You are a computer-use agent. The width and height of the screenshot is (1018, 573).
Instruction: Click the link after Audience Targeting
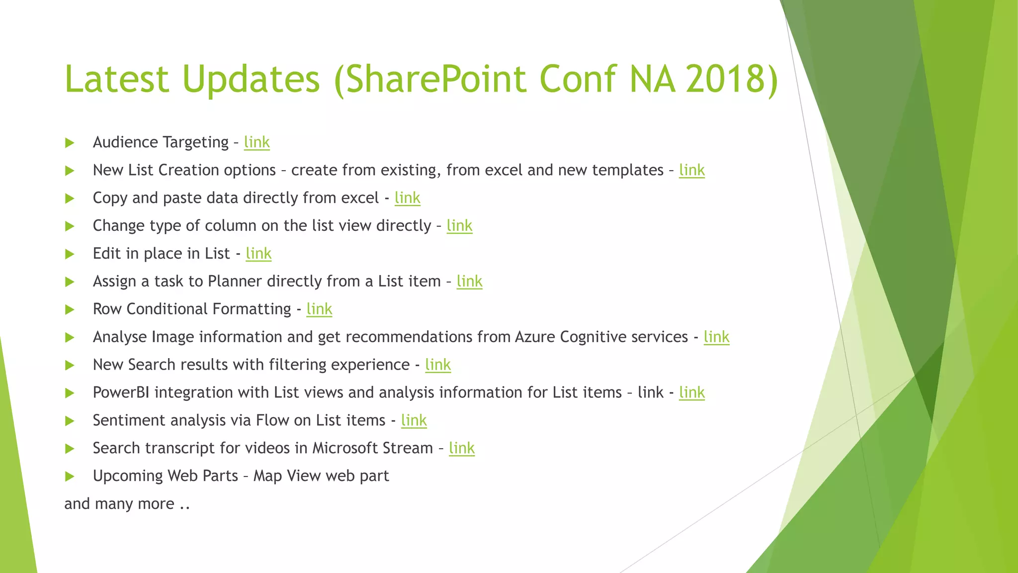click(256, 142)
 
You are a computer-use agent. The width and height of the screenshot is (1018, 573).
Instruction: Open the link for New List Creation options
click(691, 170)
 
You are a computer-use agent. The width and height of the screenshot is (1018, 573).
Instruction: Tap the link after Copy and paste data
click(407, 198)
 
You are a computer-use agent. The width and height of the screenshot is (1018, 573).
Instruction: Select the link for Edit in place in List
click(258, 254)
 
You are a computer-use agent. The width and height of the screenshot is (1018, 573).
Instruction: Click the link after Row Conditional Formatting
click(319, 309)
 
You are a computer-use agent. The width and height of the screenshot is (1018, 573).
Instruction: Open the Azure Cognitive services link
click(716, 337)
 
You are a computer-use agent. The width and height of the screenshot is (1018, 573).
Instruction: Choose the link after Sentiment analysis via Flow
click(414, 420)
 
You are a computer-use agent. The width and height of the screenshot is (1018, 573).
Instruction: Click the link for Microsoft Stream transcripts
click(461, 448)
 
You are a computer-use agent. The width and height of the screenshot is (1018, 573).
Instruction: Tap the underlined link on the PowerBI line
click(691, 392)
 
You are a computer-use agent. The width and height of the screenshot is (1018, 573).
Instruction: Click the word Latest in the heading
click(117, 79)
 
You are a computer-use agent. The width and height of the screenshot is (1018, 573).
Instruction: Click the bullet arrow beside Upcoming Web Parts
click(70, 477)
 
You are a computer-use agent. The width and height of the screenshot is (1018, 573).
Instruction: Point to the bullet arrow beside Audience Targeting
click(70, 143)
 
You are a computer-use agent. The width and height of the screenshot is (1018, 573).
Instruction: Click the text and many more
click(127, 504)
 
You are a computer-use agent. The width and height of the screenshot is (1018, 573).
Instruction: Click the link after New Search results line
click(437, 365)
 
